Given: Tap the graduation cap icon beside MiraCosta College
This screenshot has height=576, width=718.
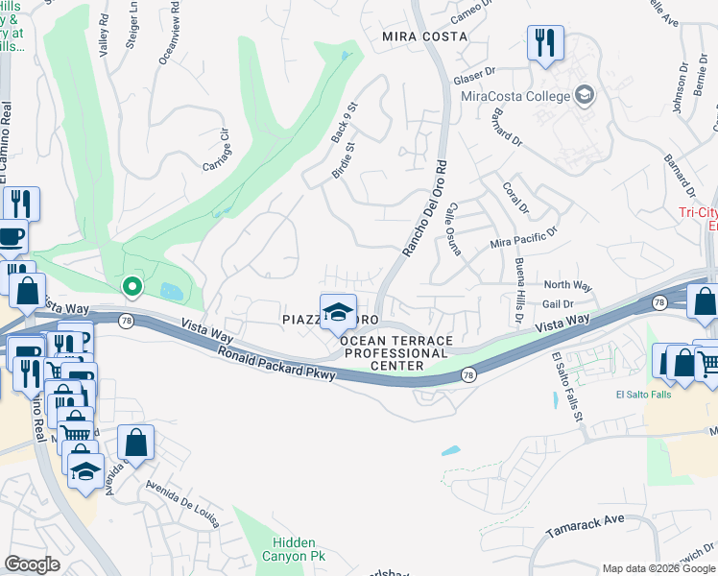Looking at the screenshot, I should [584, 94].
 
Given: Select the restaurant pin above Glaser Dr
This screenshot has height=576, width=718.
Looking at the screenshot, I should [545, 44].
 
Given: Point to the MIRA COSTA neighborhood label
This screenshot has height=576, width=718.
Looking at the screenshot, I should [424, 36].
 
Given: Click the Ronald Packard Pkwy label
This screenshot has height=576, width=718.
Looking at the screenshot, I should [275, 364].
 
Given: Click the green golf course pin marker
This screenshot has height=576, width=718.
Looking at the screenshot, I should [132, 285].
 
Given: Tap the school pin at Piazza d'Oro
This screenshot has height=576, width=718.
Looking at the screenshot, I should [338, 311].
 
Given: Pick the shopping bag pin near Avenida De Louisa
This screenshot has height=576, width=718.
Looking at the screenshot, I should [136, 444].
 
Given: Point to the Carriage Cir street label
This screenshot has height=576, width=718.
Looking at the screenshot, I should [217, 150].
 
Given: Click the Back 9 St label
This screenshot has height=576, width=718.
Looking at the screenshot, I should [344, 123].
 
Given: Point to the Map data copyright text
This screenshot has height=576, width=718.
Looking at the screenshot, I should [658, 568].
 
